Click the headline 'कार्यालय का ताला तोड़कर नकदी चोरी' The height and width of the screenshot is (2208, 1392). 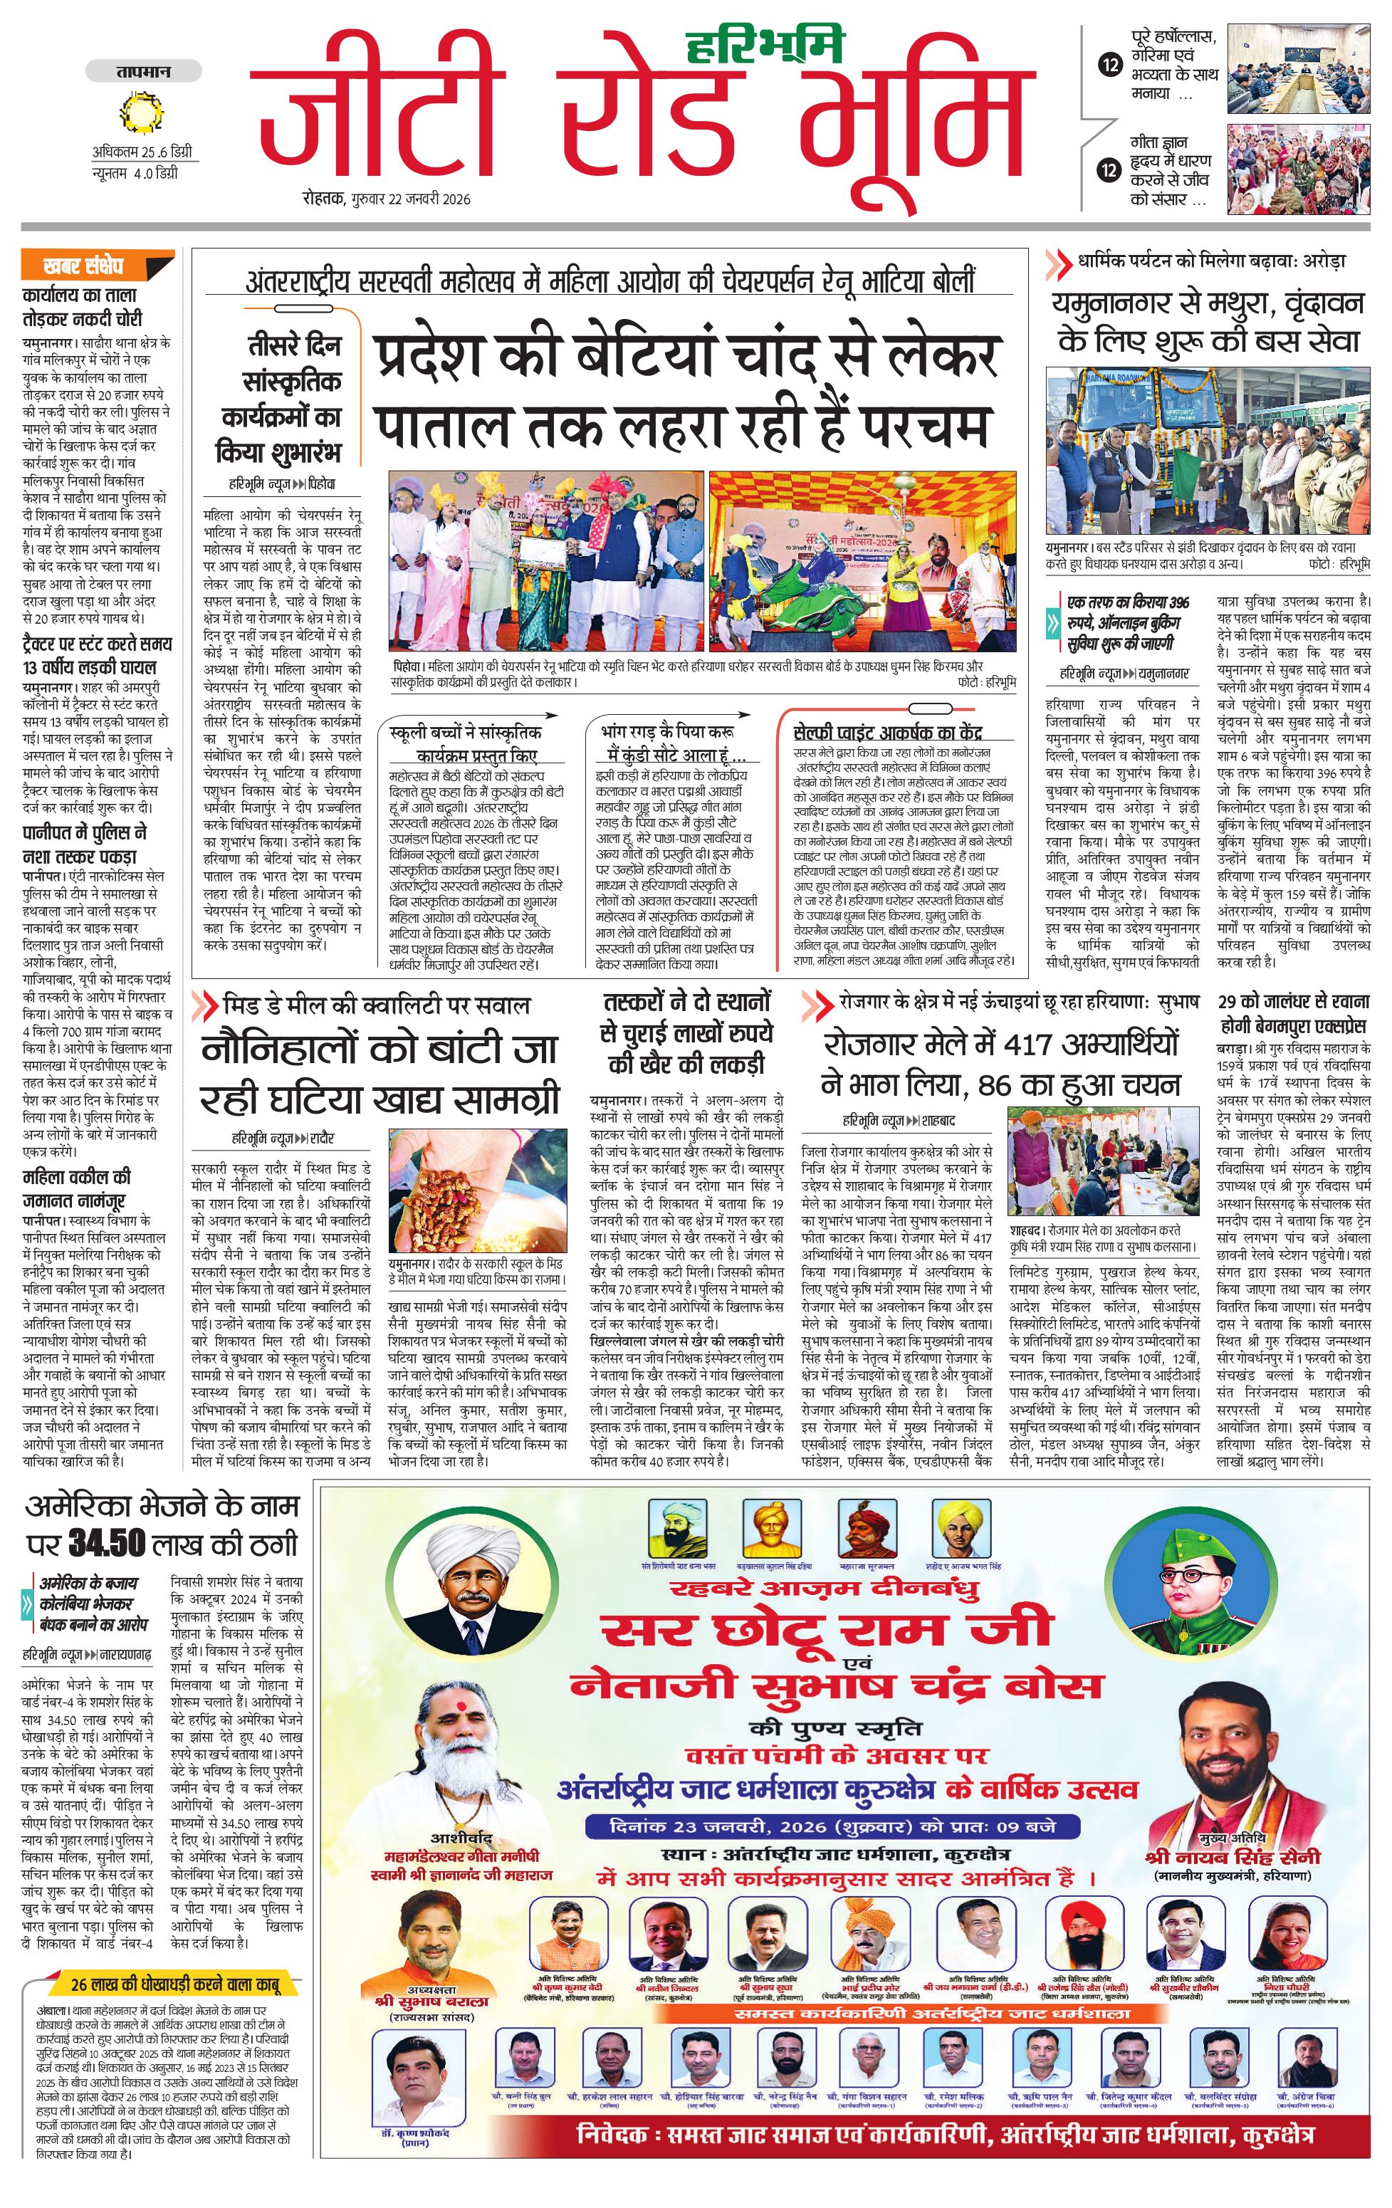point(83,307)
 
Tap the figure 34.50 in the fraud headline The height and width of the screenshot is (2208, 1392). point(108,1544)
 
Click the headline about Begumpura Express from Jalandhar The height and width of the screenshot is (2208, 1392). point(1293,1013)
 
